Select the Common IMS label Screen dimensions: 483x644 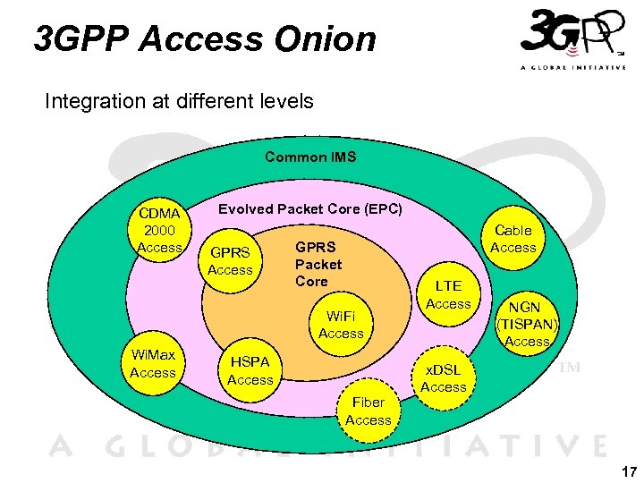[310, 157]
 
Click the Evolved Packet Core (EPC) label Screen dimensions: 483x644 [311, 209]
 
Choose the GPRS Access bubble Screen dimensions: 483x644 [230, 260]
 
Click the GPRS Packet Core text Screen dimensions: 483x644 [318, 265]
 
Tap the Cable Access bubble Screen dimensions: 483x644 [513, 239]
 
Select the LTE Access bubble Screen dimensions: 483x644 [448, 295]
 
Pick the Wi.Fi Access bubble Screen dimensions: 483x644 [341, 324]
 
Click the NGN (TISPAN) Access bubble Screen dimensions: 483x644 [527, 323]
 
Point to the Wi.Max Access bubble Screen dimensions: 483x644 [152, 364]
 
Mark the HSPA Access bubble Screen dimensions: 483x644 [250, 370]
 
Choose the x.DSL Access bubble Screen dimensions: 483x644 [443, 378]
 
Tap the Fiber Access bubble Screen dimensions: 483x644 [368, 411]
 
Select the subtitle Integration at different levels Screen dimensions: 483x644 [179, 101]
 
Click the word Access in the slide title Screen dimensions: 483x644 [202, 39]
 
